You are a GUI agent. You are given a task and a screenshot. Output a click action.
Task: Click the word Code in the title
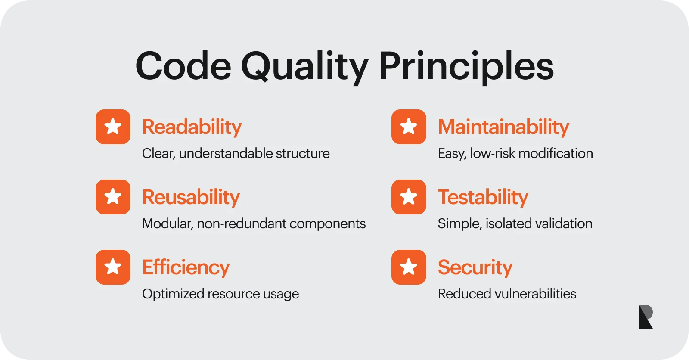pos(183,66)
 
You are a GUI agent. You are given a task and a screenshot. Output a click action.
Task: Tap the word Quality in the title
pos(305,68)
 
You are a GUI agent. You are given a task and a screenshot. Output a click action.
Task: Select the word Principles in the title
pos(467,68)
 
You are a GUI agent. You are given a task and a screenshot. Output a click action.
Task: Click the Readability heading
pos(192,127)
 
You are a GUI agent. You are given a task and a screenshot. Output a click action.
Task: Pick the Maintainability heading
pos(503,127)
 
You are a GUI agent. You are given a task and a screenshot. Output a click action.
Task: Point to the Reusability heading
pos(191,197)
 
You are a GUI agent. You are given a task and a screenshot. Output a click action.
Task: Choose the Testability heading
pos(483,197)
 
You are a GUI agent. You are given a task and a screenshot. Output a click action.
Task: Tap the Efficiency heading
pos(186,267)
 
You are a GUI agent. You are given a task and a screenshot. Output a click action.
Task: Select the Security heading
pos(475,267)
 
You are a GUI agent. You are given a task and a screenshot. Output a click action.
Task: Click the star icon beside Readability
pos(113,127)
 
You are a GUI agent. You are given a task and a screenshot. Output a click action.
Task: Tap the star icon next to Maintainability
pos(409,127)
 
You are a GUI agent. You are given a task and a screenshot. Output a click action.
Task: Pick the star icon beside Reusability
pos(113,197)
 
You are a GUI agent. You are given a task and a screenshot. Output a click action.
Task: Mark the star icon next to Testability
pos(409,197)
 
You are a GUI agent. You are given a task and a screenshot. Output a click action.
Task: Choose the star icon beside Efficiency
pos(113,267)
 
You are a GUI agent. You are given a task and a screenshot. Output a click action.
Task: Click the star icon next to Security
pos(409,267)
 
